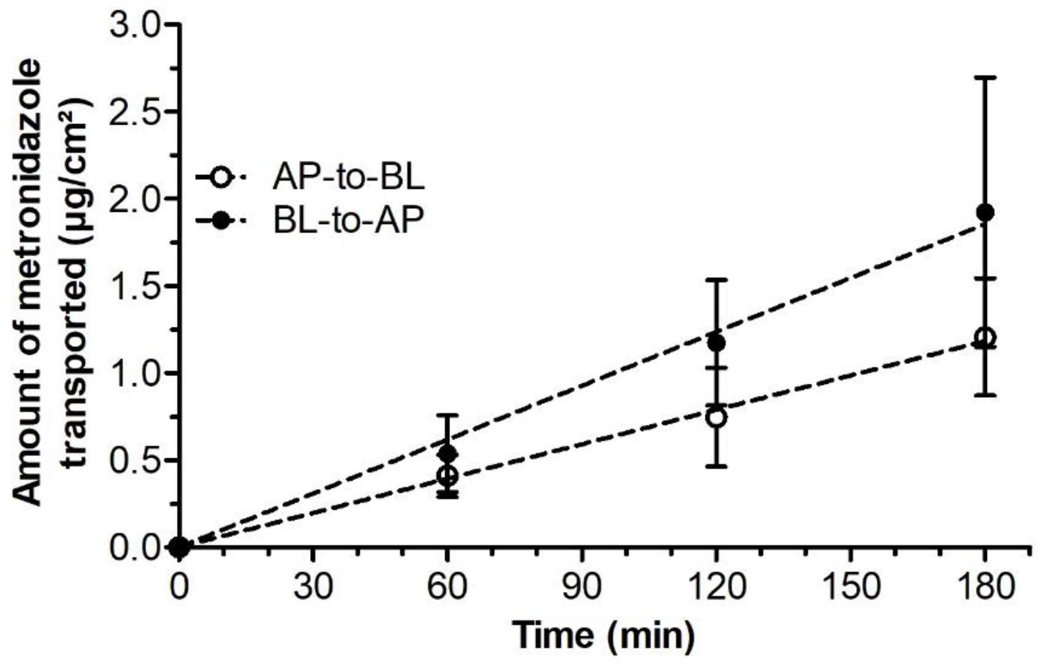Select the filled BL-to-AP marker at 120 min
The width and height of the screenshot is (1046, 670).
click(716, 343)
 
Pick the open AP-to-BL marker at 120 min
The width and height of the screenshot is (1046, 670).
click(716, 417)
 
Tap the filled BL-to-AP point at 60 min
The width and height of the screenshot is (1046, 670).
click(447, 454)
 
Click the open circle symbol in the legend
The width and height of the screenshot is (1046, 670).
click(221, 178)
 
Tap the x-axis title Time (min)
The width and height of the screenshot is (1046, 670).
click(603, 635)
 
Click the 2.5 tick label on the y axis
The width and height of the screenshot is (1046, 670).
click(135, 111)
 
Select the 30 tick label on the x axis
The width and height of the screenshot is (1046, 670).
click(314, 586)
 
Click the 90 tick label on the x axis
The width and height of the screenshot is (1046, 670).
click(582, 586)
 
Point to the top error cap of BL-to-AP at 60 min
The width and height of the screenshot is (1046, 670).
click(447, 415)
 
